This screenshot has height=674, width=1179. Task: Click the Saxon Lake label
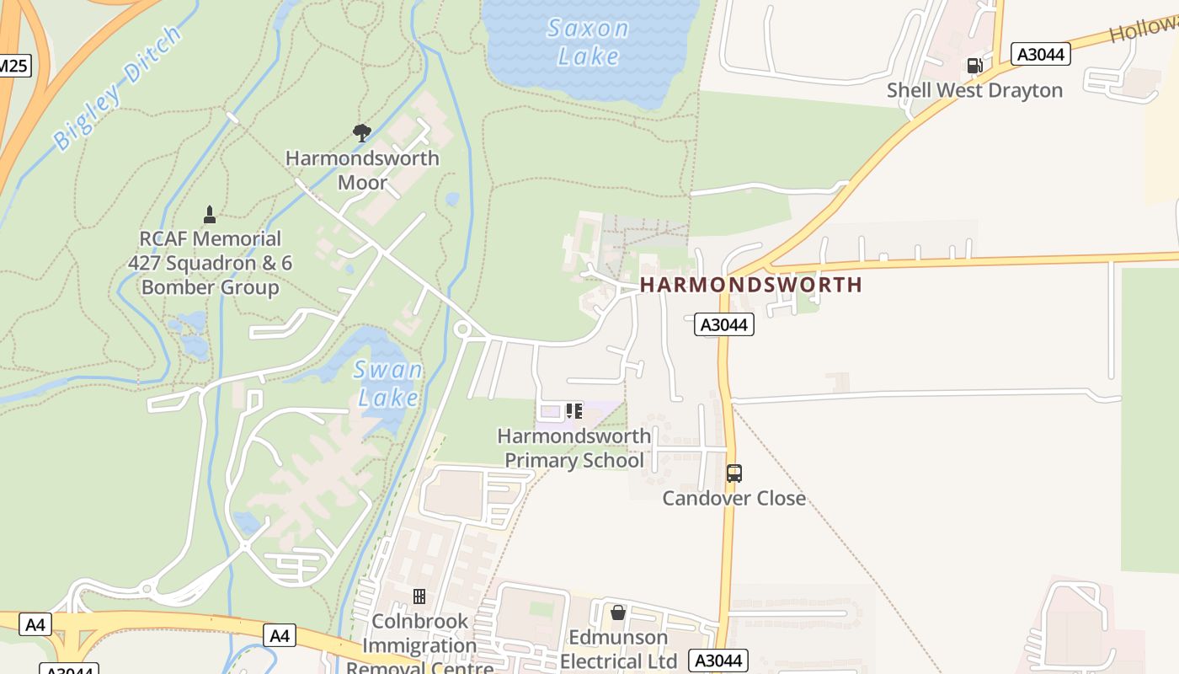pyautogui.click(x=588, y=41)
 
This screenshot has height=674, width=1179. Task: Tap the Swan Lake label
pyautogui.click(x=388, y=383)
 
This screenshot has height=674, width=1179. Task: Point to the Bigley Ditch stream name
pyautogui.click(x=117, y=88)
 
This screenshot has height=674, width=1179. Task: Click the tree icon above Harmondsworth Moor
pyautogui.click(x=362, y=132)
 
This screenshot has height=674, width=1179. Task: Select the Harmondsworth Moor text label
pyautogui.click(x=362, y=170)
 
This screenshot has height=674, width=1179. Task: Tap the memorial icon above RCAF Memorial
pyautogui.click(x=210, y=215)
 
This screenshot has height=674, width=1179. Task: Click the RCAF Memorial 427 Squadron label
pyautogui.click(x=210, y=263)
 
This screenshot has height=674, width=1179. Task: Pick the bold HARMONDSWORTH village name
pyautogui.click(x=751, y=285)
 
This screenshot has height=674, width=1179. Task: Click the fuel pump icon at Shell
pyautogui.click(x=974, y=65)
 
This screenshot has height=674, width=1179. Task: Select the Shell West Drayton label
pyautogui.click(x=974, y=90)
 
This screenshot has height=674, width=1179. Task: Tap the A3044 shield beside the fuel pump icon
pyautogui.click(x=1041, y=55)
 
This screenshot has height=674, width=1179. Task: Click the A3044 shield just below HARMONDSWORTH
pyautogui.click(x=723, y=324)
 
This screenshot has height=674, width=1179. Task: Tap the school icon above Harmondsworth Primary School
pyautogui.click(x=574, y=411)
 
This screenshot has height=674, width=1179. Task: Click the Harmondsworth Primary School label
pyautogui.click(x=574, y=448)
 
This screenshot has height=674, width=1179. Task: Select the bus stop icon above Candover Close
pyautogui.click(x=734, y=473)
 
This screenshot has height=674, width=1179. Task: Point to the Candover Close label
pyautogui.click(x=734, y=498)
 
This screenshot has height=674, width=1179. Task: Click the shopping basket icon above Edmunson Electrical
pyautogui.click(x=618, y=612)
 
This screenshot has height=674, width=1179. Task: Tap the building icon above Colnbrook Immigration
pyautogui.click(x=419, y=596)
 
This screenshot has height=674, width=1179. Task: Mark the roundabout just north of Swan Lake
pyautogui.click(x=461, y=329)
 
